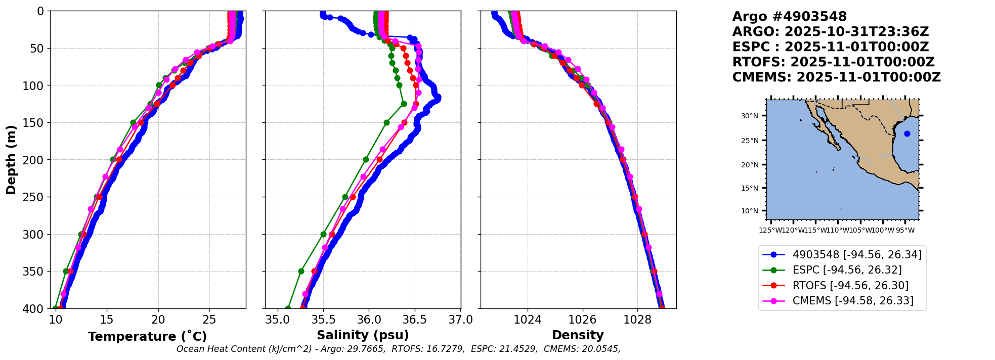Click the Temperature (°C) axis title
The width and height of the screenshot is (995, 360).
[147, 336]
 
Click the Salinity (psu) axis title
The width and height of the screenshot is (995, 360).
[363, 335]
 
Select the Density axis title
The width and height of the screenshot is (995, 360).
[578, 335]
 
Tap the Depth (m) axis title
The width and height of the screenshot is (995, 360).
[11, 160]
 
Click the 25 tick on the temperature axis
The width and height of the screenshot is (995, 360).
[209, 320]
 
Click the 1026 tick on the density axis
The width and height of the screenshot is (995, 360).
[582, 320]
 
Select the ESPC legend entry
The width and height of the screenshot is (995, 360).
[846, 270]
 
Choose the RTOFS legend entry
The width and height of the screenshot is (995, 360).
[850, 286]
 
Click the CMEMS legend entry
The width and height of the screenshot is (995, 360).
[852, 301]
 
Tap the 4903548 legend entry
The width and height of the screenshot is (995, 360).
[856, 255]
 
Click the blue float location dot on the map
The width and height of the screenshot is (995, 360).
[907, 134]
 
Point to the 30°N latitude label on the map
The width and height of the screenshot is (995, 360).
[750, 116]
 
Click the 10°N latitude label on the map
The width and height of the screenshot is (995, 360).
[750, 211]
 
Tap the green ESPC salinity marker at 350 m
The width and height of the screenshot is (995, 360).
[301, 272]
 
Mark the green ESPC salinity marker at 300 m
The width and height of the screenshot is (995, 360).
[323, 234]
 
